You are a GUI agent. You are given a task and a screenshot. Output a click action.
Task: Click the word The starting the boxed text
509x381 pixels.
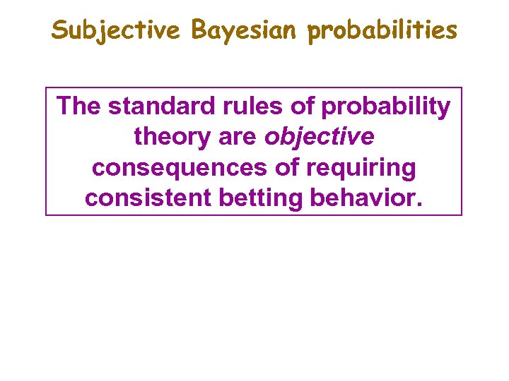(x=80, y=107)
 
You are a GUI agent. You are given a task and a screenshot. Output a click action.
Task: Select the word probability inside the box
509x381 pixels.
(x=385, y=108)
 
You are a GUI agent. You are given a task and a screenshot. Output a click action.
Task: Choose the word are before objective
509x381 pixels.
(x=238, y=138)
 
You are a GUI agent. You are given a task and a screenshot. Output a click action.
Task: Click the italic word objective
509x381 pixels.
(x=319, y=138)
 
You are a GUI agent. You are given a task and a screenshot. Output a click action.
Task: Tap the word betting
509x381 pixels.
(x=262, y=200)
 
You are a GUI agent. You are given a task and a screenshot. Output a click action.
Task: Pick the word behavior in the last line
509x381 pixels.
(x=361, y=198)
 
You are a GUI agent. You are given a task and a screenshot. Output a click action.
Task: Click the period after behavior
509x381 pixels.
(x=420, y=205)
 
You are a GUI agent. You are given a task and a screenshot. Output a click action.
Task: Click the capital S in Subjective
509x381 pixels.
(x=60, y=30)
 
